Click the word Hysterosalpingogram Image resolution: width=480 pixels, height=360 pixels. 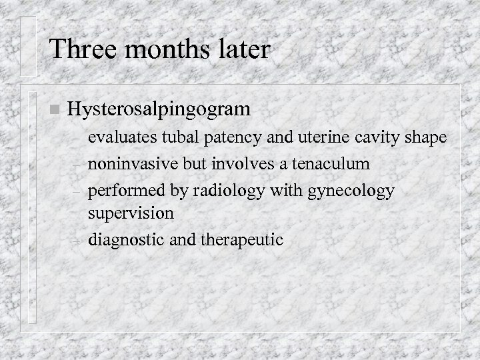click(159, 109)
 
